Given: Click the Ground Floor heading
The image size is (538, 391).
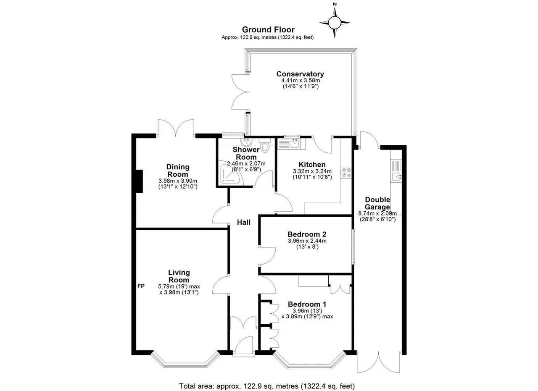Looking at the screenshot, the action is tap(268, 30).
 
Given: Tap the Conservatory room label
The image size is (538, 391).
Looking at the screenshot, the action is tap(300, 74).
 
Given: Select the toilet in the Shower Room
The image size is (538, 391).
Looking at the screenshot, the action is tap(265, 145).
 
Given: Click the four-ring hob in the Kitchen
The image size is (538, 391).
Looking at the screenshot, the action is tap(346, 172).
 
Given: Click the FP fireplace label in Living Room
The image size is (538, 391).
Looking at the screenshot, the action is tap(141, 286).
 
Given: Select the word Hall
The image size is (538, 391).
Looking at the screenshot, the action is tap(244, 223).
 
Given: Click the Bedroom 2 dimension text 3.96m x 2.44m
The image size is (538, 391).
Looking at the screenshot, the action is tap(307, 241).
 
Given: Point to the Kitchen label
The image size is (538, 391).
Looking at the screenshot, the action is tap(312, 165).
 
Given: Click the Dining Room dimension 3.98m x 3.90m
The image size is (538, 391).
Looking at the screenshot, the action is tap(178, 181).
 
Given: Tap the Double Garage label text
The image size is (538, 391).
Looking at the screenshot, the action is tap(377, 203).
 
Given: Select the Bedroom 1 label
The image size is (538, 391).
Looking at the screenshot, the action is tap(307, 304).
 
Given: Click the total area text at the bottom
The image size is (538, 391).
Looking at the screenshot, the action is tap(267, 380).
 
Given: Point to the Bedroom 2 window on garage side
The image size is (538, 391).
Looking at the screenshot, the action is tap(353, 247).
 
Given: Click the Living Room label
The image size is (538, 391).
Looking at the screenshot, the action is tap(179, 276).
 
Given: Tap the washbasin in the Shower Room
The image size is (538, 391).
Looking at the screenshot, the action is tap(246, 142).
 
